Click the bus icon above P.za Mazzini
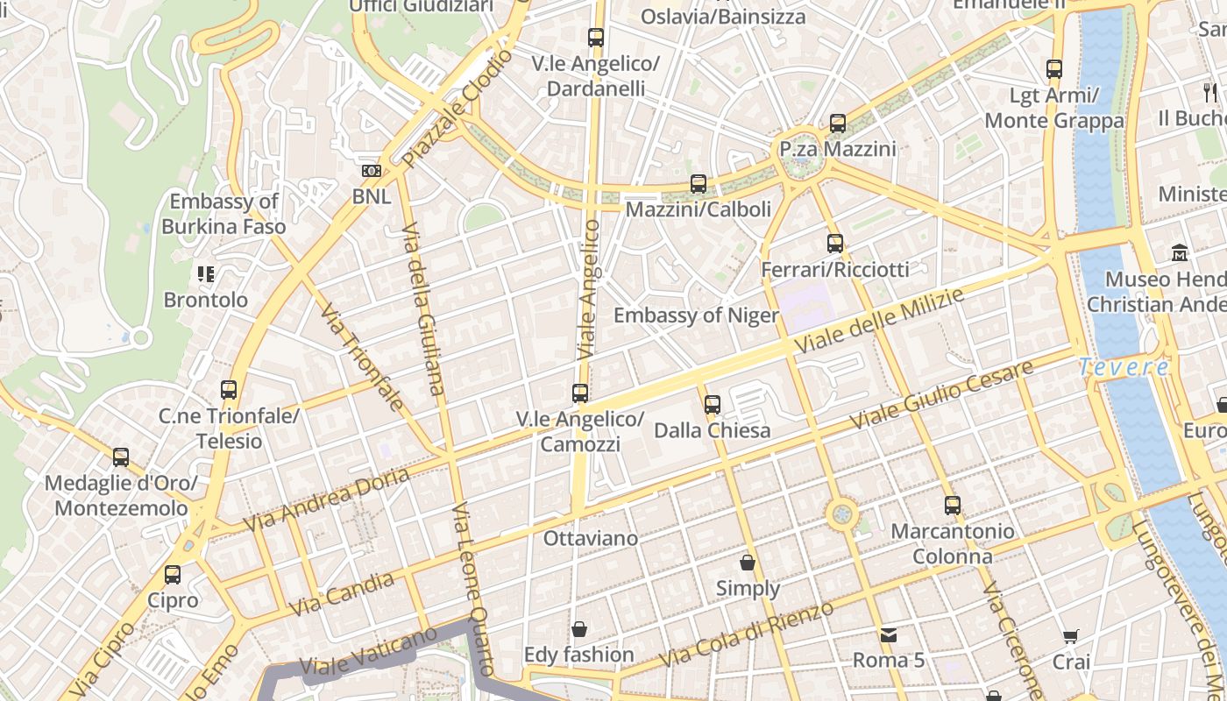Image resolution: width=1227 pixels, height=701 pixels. pyautogui.click(x=838, y=124)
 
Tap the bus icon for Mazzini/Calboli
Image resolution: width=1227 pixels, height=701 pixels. pyautogui.click(x=699, y=184)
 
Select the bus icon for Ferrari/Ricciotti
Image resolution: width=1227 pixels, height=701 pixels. pyautogui.click(x=835, y=244)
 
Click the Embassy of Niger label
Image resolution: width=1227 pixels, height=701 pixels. pyautogui.click(x=696, y=315)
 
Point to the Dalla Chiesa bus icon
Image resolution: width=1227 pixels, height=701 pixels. pyautogui.click(x=713, y=405)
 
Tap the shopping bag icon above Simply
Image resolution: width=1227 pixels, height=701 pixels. pyautogui.click(x=748, y=563)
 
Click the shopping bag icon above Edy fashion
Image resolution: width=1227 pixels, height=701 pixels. pyautogui.click(x=578, y=629)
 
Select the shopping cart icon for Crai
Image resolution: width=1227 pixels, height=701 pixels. pyautogui.click(x=1070, y=636)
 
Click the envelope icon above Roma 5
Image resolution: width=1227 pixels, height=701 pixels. pyautogui.click(x=889, y=634)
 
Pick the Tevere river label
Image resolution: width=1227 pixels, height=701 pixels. pyautogui.click(x=1124, y=367)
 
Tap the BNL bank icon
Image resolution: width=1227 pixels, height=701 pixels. pyautogui.click(x=372, y=171)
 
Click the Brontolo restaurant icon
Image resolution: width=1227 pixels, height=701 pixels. pyautogui.click(x=206, y=274)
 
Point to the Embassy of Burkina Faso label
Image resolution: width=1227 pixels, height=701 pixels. pyautogui.click(x=223, y=214)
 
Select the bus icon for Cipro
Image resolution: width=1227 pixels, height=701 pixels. pyautogui.click(x=173, y=575)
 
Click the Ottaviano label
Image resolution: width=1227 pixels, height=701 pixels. pyautogui.click(x=591, y=538)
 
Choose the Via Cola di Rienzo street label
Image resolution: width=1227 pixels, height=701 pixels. pyautogui.click(x=746, y=634)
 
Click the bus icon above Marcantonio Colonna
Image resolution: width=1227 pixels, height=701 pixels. pyautogui.click(x=953, y=506)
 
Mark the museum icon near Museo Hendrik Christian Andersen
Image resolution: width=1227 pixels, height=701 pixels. pyautogui.click(x=1179, y=253)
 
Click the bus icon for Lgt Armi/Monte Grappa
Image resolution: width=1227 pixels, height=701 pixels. pyautogui.click(x=1054, y=69)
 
